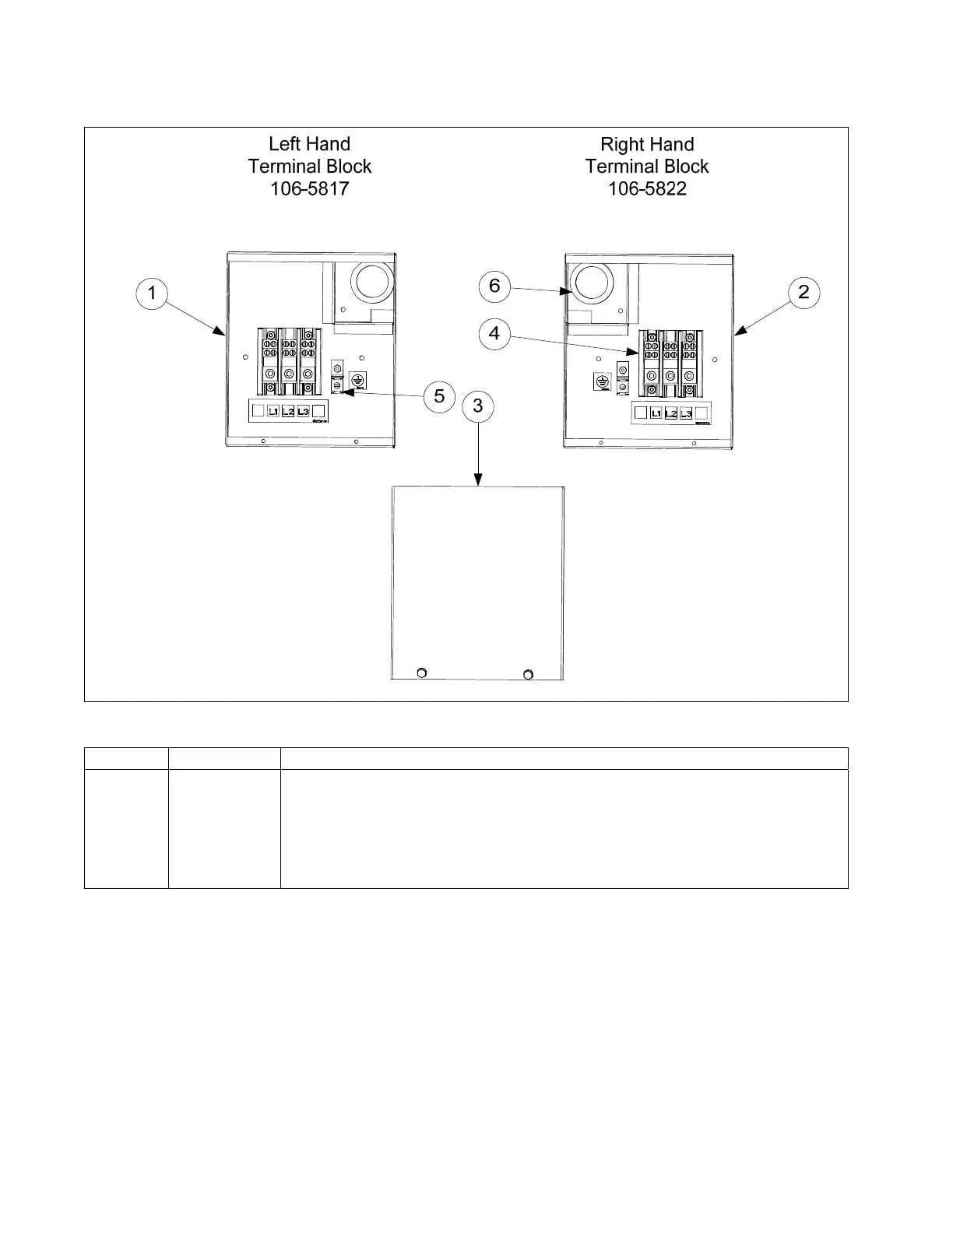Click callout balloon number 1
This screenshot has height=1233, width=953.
(x=152, y=293)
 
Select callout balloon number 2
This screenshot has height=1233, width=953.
(x=804, y=292)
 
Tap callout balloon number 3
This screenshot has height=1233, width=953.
(x=477, y=406)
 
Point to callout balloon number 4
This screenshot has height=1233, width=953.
(x=494, y=334)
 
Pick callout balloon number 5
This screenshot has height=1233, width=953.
(x=439, y=396)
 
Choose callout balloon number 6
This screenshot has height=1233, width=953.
(x=494, y=286)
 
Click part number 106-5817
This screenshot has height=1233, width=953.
(x=309, y=188)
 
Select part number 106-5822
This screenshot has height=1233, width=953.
(x=647, y=188)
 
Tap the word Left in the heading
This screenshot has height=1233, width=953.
(x=287, y=144)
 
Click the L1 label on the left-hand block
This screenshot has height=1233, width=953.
(x=273, y=411)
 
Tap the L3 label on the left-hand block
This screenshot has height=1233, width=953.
(x=303, y=411)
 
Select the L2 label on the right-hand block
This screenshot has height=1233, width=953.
(x=671, y=413)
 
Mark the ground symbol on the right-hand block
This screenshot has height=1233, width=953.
(x=602, y=381)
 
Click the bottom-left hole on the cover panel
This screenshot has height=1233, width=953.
(x=422, y=673)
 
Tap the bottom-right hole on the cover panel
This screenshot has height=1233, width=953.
(x=529, y=673)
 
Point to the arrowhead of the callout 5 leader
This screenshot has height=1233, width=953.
(x=342, y=393)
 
